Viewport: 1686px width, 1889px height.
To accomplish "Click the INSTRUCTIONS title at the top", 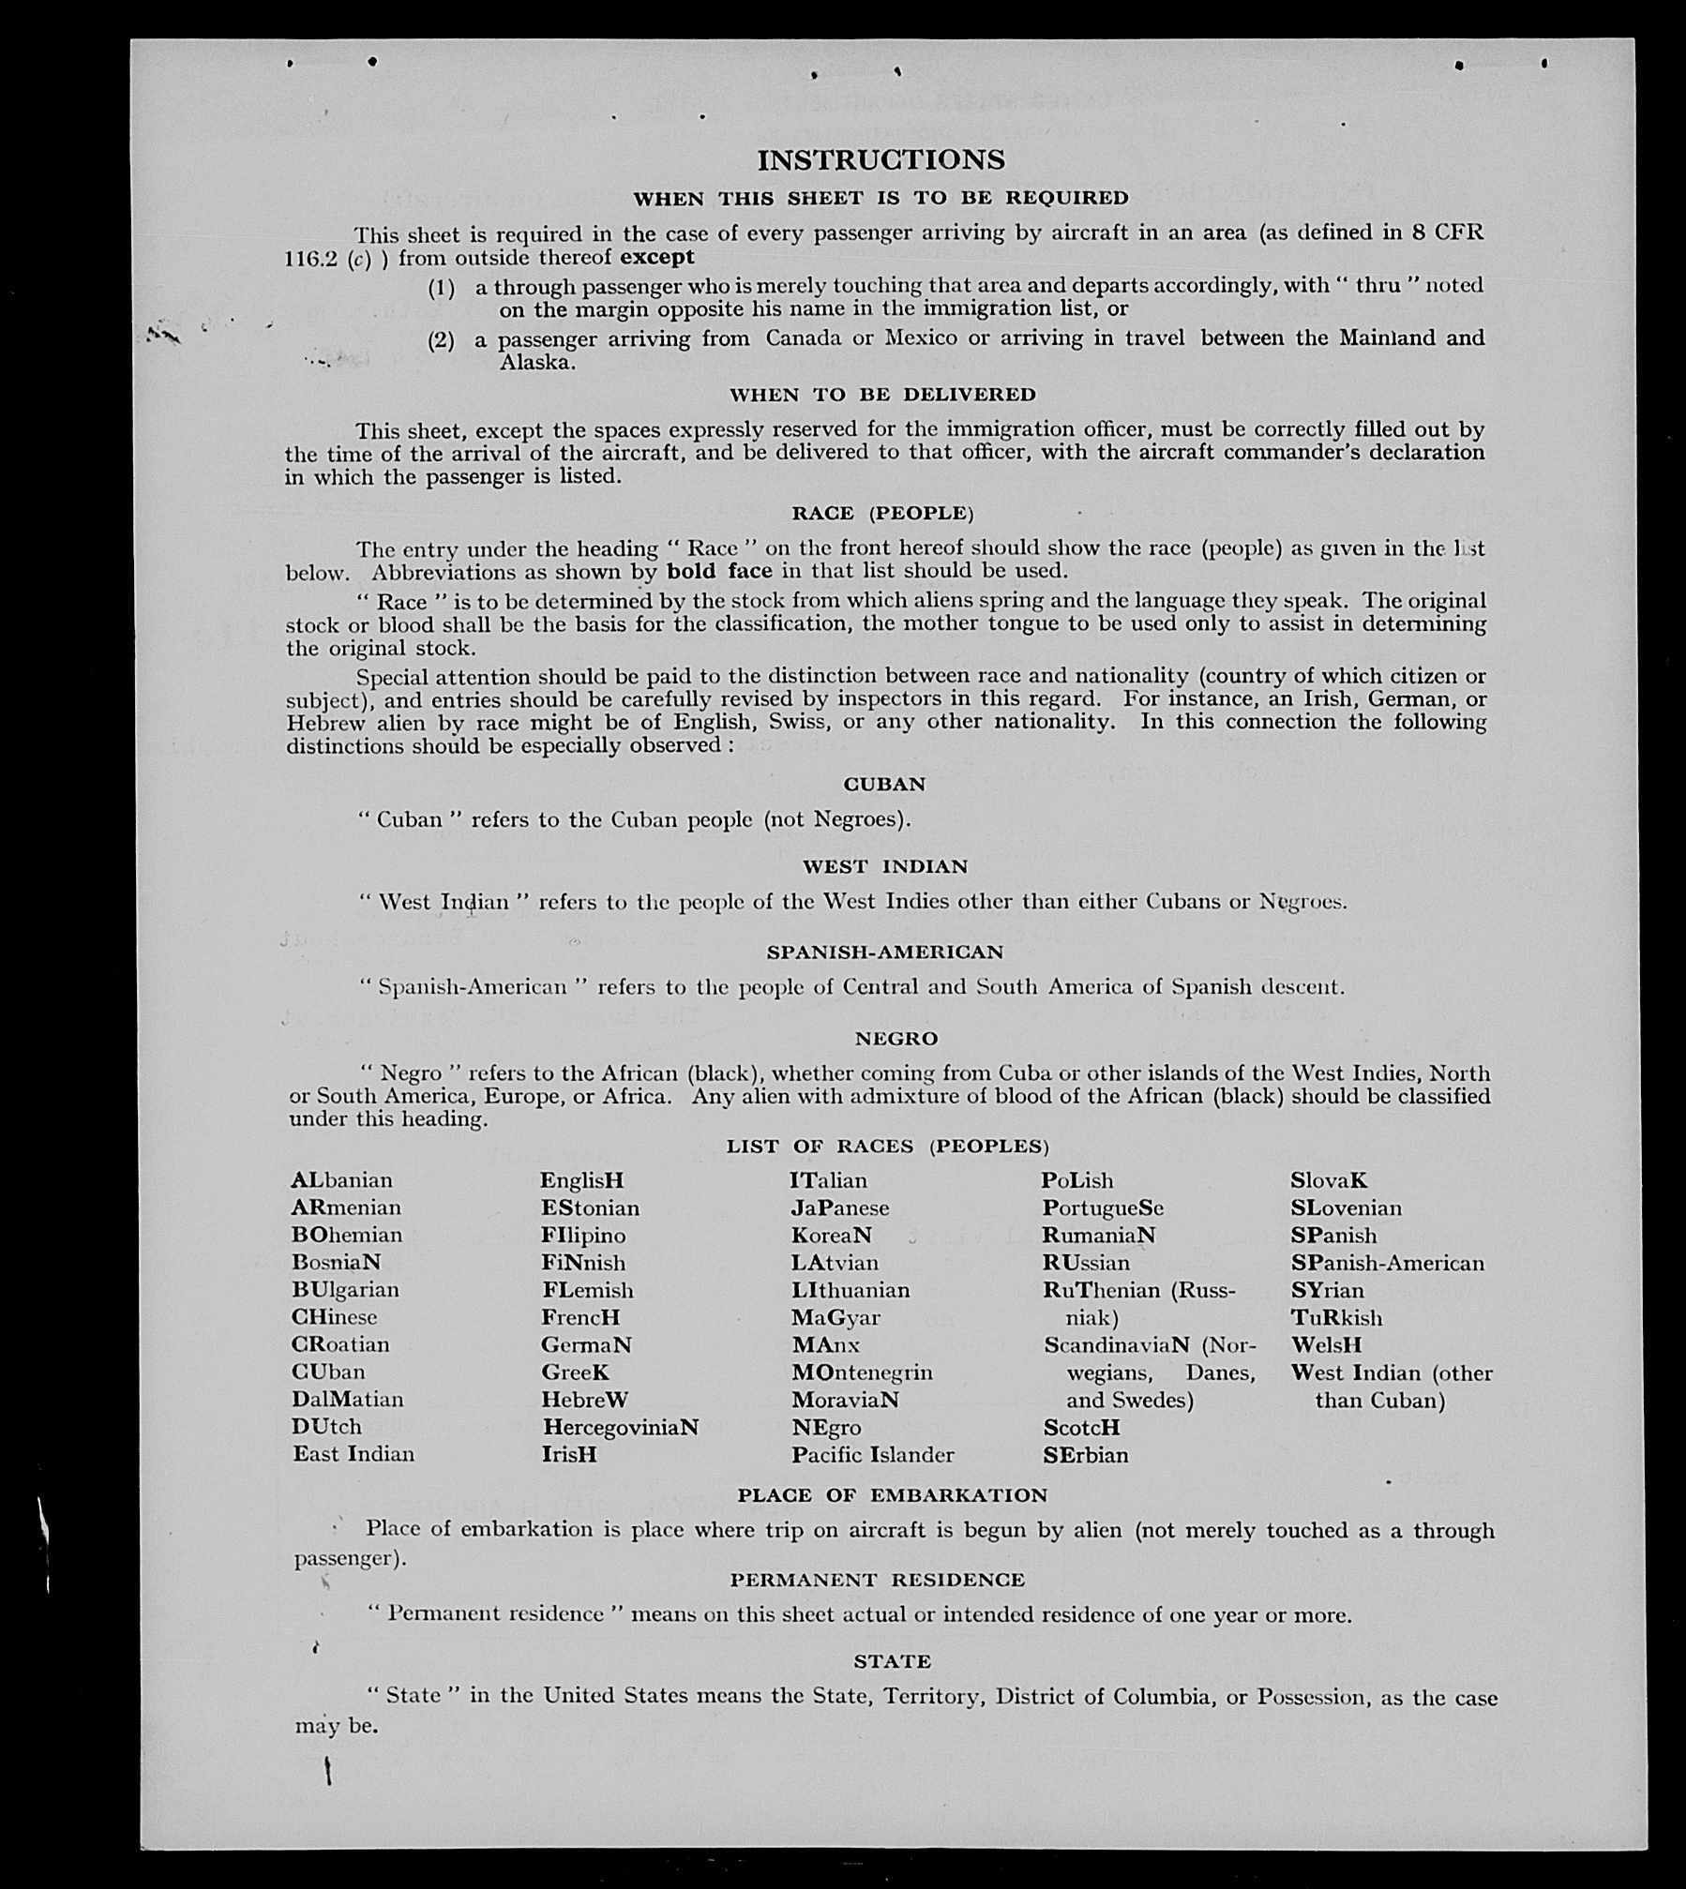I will pyautogui.click(x=881, y=160).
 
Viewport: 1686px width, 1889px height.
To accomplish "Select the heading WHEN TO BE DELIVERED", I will pyautogui.click(x=882, y=395).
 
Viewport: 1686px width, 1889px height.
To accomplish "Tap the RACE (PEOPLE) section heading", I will pyautogui.click(x=882, y=513).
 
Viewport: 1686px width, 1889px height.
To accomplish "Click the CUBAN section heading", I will pyautogui.click(x=883, y=784).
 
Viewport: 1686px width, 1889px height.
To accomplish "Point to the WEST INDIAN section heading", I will pyautogui.click(x=884, y=867).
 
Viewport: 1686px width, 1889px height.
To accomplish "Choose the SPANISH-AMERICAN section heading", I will pyautogui.click(x=884, y=952).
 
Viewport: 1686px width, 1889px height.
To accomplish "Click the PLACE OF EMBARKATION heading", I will pyautogui.click(x=892, y=1495).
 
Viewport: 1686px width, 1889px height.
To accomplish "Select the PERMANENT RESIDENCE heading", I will pyautogui.click(x=878, y=1580).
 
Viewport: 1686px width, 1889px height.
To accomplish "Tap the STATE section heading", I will pyautogui.click(x=892, y=1661).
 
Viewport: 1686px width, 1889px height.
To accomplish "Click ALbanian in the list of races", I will pyautogui.click(x=341, y=1180).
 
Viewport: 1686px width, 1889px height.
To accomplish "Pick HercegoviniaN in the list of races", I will pyautogui.click(x=620, y=1427).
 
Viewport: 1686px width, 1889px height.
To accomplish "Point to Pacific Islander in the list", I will pyautogui.click(x=872, y=1455).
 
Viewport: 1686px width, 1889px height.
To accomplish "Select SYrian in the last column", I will pyautogui.click(x=1327, y=1290).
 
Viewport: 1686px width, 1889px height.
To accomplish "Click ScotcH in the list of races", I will pyautogui.click(x=1081, y=1428).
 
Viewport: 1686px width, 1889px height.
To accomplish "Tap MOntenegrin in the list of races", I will pyautogui.click(x=862, y=1372).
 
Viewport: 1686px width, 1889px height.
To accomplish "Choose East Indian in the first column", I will pyautogui.click(x=353, y=1454).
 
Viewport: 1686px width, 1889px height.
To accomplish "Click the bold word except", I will pyautogui.click(x=656, y=258).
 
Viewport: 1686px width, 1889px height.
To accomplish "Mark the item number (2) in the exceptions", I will pyautogui.click(x=441, y=339).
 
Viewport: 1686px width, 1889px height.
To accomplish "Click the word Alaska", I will pyautogui.click(x=537, y=363).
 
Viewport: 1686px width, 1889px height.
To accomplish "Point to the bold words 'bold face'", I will pyautogui.click(x=719, y=571).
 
